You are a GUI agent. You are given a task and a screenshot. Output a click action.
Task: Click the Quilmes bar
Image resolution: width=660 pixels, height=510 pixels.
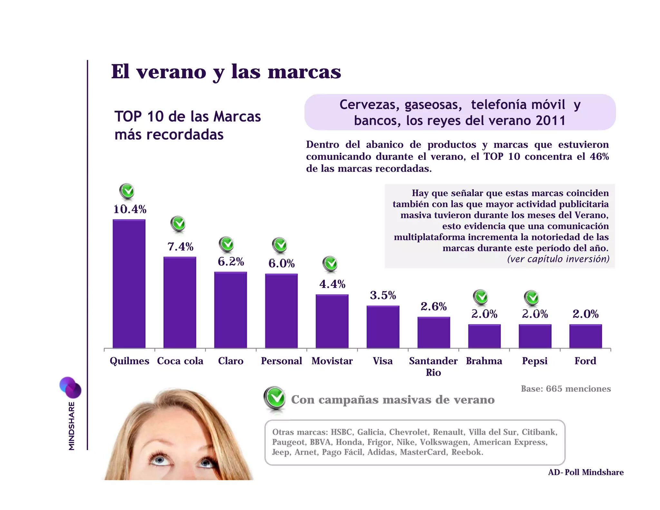129,284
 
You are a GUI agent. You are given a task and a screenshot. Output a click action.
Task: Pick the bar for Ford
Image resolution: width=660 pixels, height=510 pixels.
585,336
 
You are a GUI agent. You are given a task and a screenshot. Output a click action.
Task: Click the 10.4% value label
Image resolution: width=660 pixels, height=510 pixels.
130,210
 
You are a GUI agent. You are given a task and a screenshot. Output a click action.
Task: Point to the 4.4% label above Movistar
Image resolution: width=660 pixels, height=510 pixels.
332,284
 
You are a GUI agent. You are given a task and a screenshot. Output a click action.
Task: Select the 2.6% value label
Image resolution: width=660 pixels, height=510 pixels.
433,306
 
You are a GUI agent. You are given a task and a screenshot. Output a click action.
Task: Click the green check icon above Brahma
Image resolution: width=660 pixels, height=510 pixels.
481,297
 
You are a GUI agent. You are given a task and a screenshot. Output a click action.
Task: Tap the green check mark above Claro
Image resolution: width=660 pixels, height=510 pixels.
227,244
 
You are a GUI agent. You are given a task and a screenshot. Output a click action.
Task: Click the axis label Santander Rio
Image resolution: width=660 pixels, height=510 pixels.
433,366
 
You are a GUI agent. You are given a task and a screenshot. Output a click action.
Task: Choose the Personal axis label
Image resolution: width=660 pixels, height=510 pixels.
281,361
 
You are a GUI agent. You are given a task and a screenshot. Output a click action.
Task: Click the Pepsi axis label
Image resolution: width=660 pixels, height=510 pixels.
535,361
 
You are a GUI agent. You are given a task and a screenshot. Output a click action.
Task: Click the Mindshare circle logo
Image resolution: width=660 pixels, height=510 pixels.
70,387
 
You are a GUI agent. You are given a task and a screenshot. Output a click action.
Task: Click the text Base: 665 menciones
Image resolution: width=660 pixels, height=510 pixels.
566,389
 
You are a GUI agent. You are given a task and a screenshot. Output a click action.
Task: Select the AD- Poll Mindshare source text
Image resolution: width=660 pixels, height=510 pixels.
586,472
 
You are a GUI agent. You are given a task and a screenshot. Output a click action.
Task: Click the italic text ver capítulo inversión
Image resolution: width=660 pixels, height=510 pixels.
558,259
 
